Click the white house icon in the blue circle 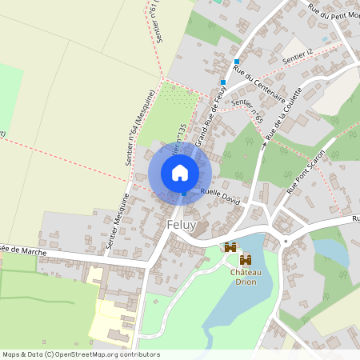(x=180, y=172)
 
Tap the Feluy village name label (x=182, y=226)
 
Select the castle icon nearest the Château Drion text (x=246, y=260)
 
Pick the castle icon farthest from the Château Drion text (x=230, y=248)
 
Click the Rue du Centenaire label (x=254, y=81)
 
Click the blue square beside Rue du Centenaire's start (x=237, y=61)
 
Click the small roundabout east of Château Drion (x=285, y=241)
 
